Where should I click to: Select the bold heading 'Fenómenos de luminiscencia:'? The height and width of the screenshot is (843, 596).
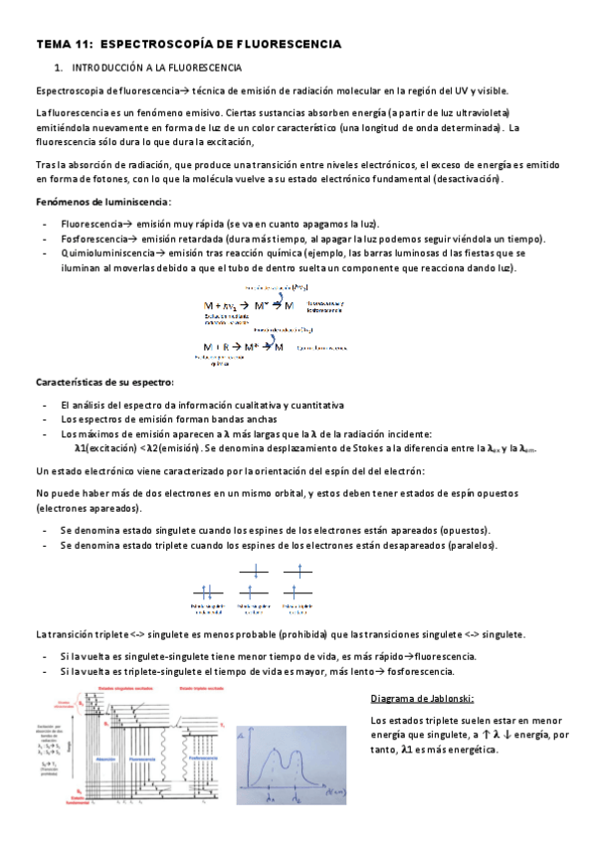(103, 202)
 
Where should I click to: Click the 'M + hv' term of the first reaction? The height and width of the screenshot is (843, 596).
(218, 305)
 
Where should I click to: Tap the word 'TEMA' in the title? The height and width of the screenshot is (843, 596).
(54, 45)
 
